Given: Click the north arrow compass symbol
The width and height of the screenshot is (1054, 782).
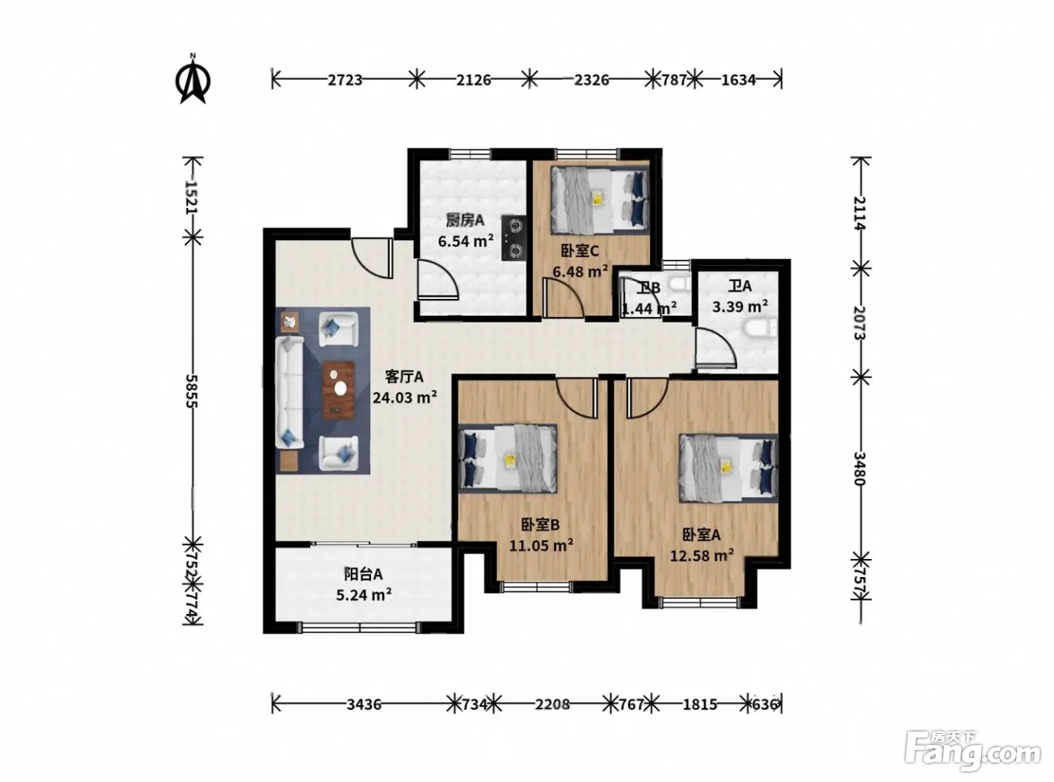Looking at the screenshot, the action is (193, 79).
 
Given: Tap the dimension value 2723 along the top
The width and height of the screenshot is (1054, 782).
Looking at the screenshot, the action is (345, 80).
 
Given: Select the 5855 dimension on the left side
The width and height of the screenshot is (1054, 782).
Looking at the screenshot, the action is (191, 391).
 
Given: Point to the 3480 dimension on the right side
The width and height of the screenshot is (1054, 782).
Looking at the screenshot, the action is (860, 468).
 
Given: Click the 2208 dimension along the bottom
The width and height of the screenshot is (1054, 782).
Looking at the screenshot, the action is (552, 704).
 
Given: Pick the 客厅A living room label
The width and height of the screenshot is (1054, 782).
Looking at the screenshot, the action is (404, 377).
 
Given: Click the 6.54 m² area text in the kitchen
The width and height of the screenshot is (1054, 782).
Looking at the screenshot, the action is (466, 241).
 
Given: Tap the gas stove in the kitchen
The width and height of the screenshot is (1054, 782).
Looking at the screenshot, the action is (514, 238).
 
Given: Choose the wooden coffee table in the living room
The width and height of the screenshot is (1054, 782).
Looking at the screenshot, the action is (338, 390).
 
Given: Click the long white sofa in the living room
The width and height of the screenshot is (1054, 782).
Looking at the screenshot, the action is (289, 392).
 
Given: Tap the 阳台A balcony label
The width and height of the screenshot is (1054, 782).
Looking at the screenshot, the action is (363, 575).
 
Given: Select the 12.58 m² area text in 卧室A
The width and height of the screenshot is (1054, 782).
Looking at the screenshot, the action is (702, 555).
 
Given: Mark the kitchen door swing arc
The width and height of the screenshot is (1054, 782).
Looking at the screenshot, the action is (438, 280).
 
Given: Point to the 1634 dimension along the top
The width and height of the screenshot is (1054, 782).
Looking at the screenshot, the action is (738, 80).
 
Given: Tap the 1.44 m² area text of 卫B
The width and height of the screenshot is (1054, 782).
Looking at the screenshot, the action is (649, 309).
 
